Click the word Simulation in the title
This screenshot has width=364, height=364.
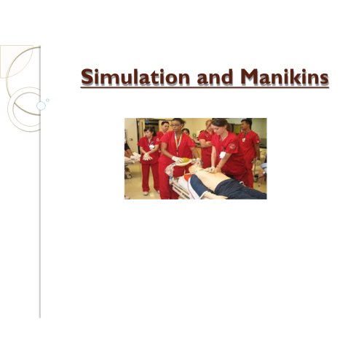pyautogui.click(x=135, y=77)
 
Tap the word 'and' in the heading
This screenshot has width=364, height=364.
pyautogui.click(x=215, y=77)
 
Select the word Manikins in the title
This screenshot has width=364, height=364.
pyautogui.click(x=285, y=77)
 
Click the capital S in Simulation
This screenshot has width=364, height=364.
pyautogui.click(x=87, y=77)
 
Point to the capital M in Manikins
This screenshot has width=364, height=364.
pyautogui.click(x=250, y=77)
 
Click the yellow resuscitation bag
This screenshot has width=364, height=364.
pyautogui.click(x=183, y=162)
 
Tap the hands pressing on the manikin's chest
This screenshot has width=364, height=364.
pyautogui.click(x=213, y=170)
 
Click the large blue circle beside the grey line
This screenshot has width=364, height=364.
pyautogui.click(x=41, y=106)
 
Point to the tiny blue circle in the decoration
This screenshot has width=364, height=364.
pyautogui.click(x=47, y=100)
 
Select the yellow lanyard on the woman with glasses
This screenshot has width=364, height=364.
pyautogui.click(x=178, y=143)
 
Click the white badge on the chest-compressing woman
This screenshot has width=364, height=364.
pyautogui.click(x=222, y=154)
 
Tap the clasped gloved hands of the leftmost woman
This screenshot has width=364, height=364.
pyautogui.click(x=147, y=157)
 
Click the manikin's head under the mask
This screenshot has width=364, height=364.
pyautogui.click(x=193, y=169)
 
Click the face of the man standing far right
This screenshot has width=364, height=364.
pyautogui.click(x=247, y=125)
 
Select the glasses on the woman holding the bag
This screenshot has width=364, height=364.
pyautogui.click(x=175, y=125)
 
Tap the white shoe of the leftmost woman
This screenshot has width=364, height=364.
pyautogui.click(x=146, y=193)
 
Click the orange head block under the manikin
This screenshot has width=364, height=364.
pyautogui.click(x=186, y=177)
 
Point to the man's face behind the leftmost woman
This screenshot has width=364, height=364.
pyautogui.click(x=165, y=127)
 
